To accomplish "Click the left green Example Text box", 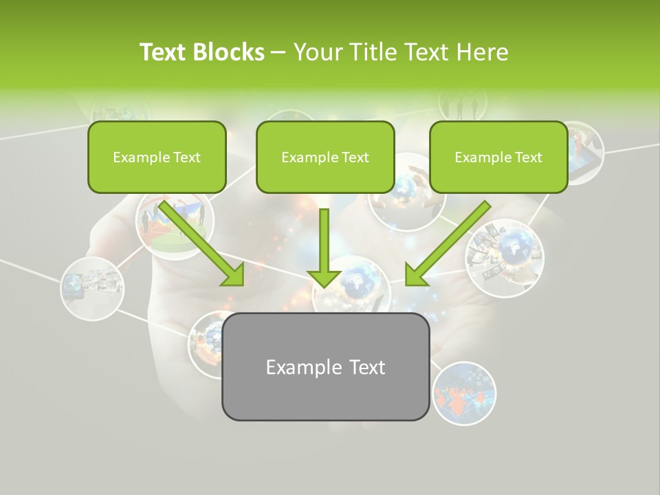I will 157,157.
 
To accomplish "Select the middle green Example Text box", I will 325,157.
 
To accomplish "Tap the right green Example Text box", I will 498,157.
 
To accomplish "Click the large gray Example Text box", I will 325,366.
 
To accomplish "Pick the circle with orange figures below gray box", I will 464,393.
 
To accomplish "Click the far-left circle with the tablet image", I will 92,287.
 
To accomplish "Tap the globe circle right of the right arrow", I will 505,258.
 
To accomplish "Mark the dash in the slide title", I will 278,52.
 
